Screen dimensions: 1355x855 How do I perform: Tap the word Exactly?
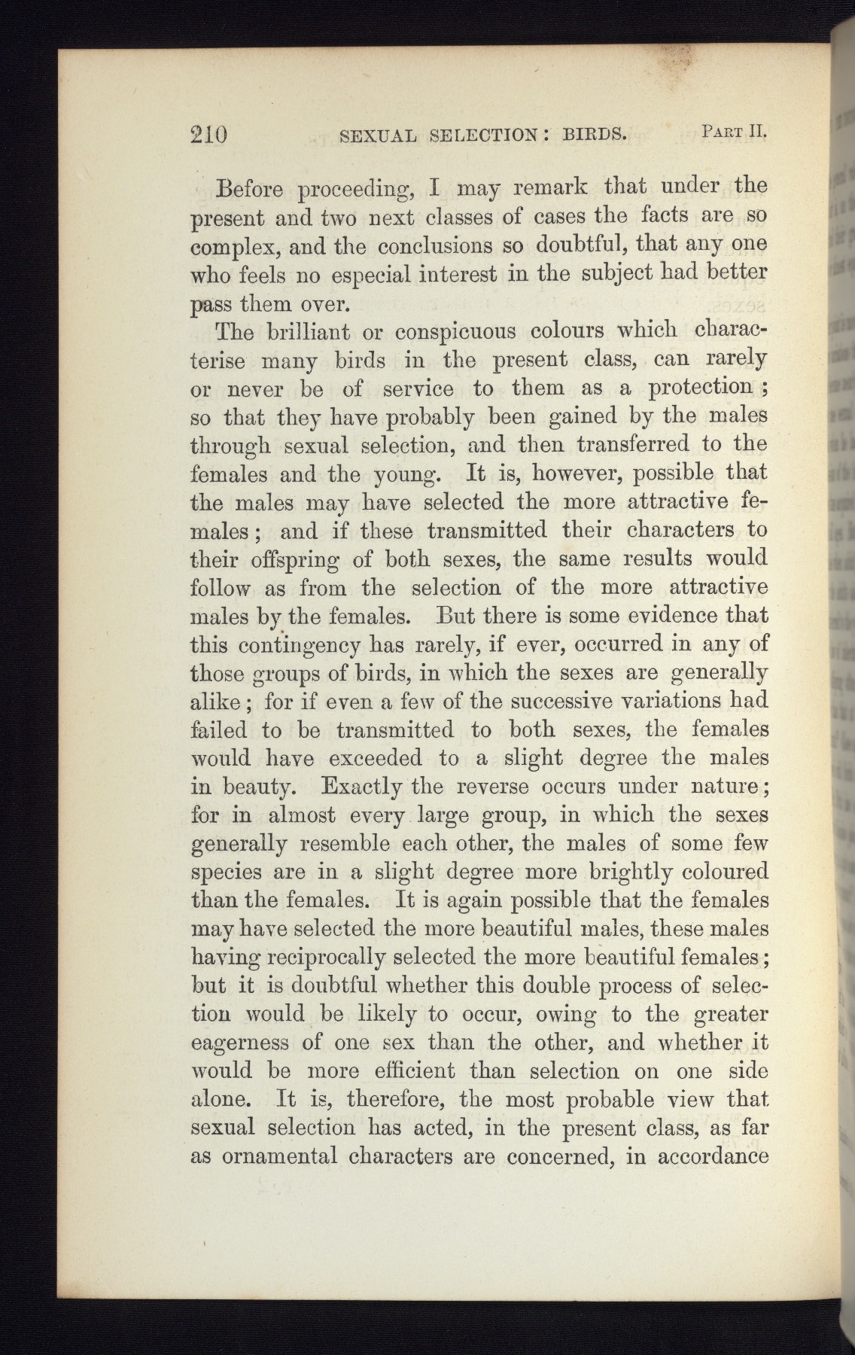(363, 787)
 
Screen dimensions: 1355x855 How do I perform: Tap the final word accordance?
(712, 1156)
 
